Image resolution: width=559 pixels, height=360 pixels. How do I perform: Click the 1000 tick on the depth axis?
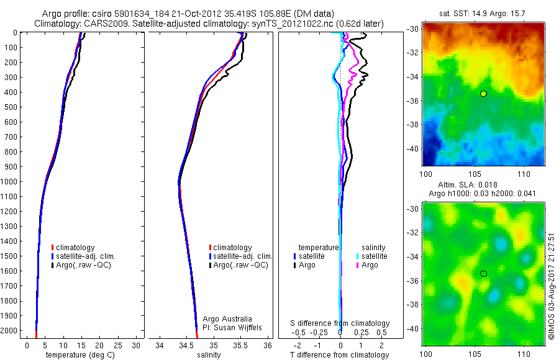(12, 181)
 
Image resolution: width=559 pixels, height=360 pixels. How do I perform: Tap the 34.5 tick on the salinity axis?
(187, 345)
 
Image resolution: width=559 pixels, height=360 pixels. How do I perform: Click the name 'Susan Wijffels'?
(234, 327)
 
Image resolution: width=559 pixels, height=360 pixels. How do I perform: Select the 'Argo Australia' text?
(227, 319)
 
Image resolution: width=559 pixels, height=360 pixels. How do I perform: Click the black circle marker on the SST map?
(483, 93)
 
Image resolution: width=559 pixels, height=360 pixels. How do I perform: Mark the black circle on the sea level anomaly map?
(483, 273)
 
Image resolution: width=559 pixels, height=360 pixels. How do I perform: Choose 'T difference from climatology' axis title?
(339, 355)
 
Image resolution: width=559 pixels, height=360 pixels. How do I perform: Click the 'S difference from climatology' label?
(340, 323)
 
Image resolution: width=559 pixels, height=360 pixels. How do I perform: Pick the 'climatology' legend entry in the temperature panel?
(78, 248)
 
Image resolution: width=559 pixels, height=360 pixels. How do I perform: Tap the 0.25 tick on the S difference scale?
(360, 333)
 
